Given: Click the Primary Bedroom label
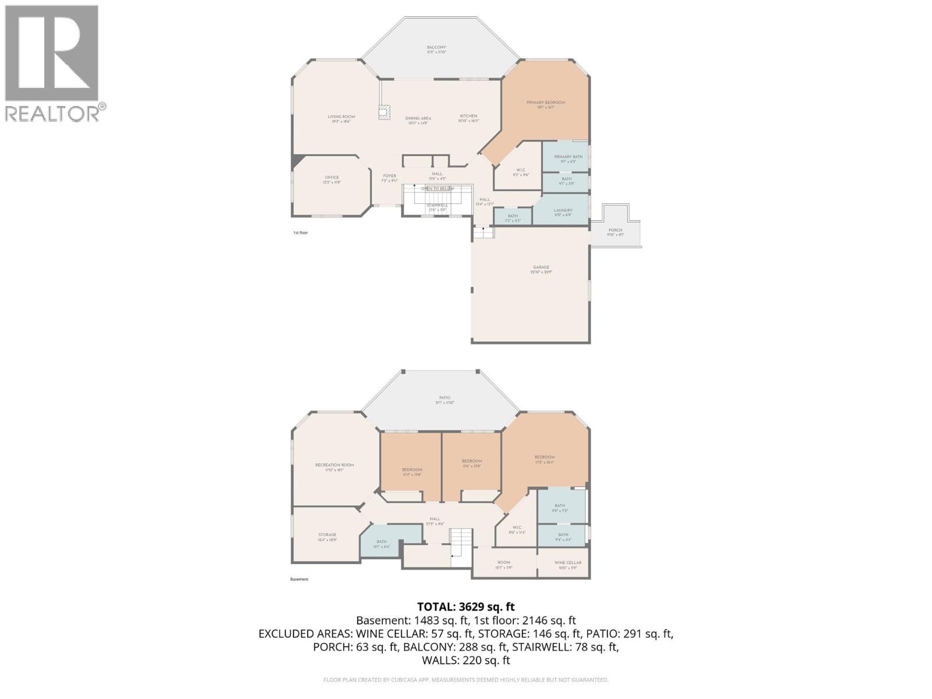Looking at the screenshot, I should (546, 103).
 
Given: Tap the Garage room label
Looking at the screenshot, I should (541, 267).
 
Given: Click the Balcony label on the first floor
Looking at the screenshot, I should (436, 47).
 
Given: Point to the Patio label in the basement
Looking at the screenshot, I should (444, 398).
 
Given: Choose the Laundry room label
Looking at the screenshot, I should (563, 210).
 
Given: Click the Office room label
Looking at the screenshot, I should (331, 178).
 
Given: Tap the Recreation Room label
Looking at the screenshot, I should (334, 465).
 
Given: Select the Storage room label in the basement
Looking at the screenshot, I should (327, 535).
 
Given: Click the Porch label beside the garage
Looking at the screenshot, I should (615, 230).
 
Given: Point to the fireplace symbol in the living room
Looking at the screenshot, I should (384, 112).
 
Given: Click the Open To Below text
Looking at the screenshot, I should (437, 189).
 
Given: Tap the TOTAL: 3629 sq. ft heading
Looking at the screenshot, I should (466, 606).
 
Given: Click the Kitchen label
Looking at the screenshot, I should (468, 116).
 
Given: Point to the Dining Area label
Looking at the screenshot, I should (418, 118).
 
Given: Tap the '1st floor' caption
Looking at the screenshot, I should (300, 232).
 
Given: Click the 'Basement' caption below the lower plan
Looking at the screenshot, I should (299, 579).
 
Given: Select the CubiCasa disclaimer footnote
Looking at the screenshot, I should (466, 680).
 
